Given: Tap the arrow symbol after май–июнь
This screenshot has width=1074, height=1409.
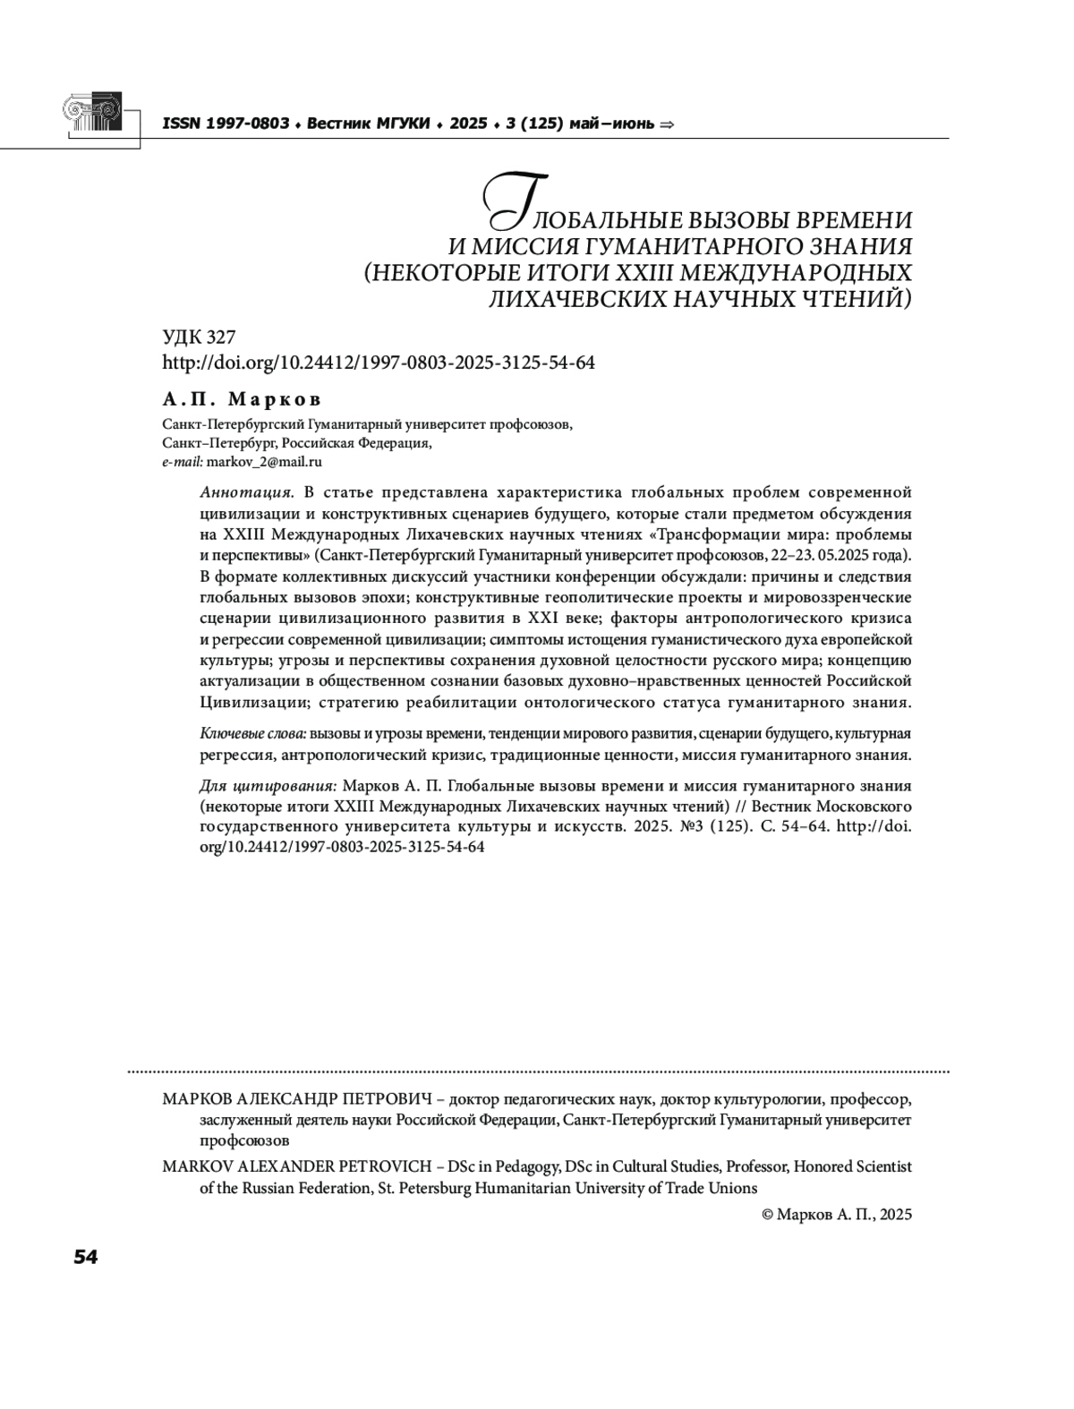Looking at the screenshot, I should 667,124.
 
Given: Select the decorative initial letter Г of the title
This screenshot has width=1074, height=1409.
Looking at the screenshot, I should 507,200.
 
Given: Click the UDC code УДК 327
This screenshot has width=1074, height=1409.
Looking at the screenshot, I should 199,337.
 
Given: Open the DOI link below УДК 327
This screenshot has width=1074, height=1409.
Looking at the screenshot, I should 379,363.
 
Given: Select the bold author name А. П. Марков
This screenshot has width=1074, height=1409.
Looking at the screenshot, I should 242,399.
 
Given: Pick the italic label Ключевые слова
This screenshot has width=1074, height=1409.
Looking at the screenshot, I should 252,734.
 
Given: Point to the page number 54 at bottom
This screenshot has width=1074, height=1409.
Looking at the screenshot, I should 85,1257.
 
